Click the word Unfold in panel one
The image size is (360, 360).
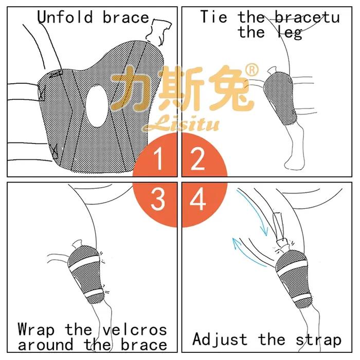(65, 17)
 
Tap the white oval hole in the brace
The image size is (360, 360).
(97, 105)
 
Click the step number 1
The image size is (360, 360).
(158, 159)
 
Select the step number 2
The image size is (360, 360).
(197, 159)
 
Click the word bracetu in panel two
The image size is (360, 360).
(308, 17)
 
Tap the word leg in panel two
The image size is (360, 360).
(290, 33)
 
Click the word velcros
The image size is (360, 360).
(135, 330)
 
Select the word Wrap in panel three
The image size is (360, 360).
(37, 330)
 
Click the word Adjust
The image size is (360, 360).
(220, 339)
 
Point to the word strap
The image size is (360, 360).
(318, 340)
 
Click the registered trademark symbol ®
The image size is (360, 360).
(252, 70)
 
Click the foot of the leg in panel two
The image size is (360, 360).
(294, 160)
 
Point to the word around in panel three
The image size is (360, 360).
(45, 345)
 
